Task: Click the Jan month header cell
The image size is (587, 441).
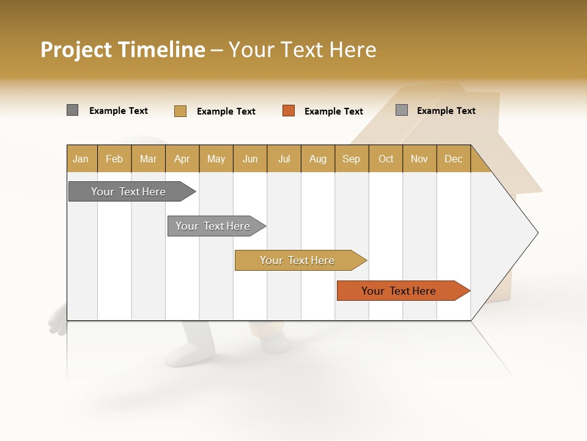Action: coord(81,159)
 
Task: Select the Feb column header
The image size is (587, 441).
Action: coord(114,159)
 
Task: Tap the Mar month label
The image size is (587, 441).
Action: coord(148,159)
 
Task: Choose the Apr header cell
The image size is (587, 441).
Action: coord(182,159)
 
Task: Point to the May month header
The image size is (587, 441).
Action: coord(216,159)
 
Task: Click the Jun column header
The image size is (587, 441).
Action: coord(250,159)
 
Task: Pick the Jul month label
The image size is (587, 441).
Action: coord(284,159)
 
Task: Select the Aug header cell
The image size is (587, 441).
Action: coord(318,159)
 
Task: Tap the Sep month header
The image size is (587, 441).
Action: coord(352,159)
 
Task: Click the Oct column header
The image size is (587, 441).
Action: coord(386,159)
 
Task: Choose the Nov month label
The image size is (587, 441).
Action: coord(419,159)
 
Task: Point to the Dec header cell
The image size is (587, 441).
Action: coord(454,159)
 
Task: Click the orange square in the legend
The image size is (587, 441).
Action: coord(289,111)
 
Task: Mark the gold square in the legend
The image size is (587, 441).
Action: coord(180,111)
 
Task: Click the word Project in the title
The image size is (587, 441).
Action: coord(76,50)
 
